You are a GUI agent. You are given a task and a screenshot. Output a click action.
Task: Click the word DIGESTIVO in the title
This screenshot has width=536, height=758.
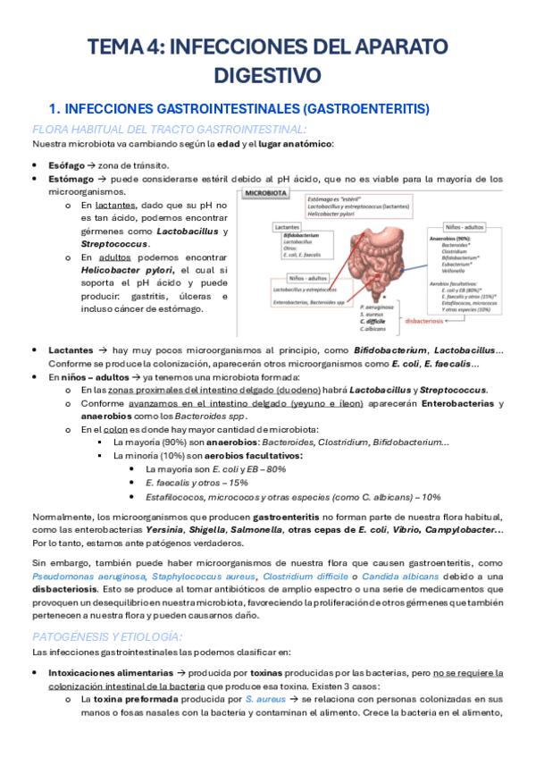268,72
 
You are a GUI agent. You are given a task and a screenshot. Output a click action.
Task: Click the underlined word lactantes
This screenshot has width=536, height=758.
115,206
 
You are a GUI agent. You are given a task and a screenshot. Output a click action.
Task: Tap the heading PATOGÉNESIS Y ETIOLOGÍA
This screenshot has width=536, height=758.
106,636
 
